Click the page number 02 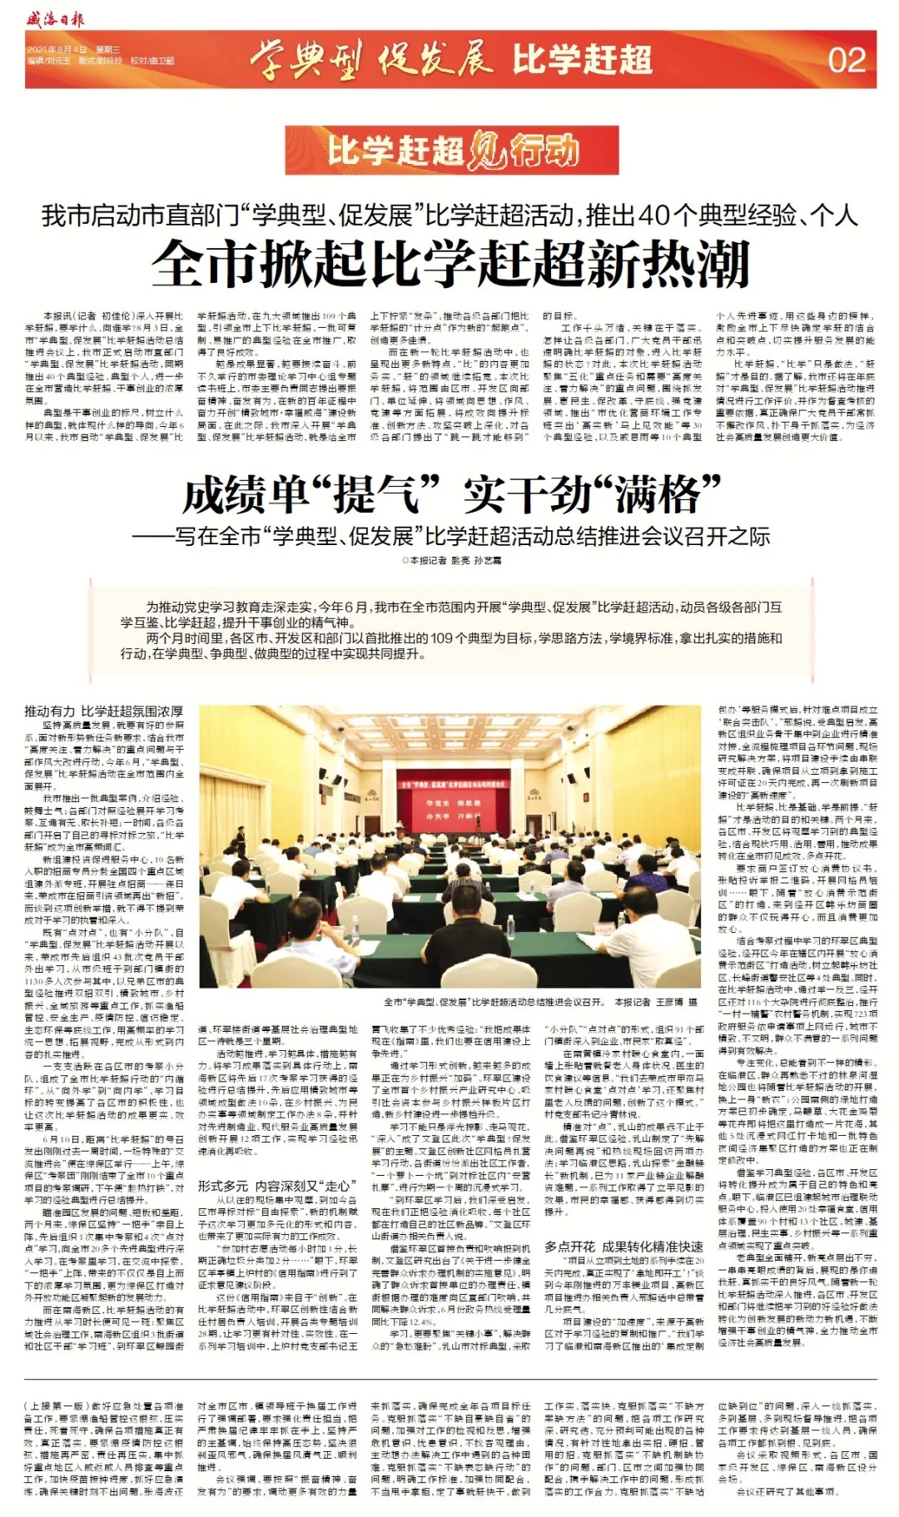click(847, 60)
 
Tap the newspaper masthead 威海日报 click(55, 18)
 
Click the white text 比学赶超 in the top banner click(582, 60)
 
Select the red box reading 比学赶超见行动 click(450, 151)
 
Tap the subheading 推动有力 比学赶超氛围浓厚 click(103, 711)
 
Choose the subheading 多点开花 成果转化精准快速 click(623, 1246)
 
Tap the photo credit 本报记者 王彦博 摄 click(654, 1002)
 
